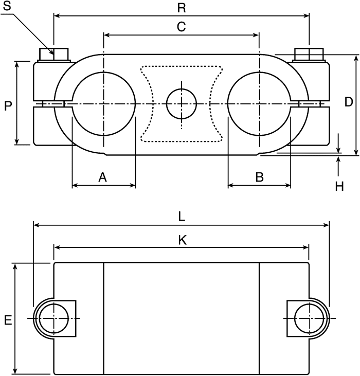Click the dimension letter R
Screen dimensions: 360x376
[x=182, y=8]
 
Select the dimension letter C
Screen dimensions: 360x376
[x=182, y=27]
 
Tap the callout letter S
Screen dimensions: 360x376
[x=7, y=6]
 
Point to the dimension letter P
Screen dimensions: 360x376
[x=8, y=106]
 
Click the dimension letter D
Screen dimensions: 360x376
[x=349, y=102]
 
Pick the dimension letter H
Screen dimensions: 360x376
[x=339, y=186]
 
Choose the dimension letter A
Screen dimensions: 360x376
[x=102, y=177]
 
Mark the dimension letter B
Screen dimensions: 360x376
[x=260, y=177]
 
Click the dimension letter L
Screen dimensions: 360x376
[x=182, y=217]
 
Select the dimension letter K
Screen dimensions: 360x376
[x=183, y=240]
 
